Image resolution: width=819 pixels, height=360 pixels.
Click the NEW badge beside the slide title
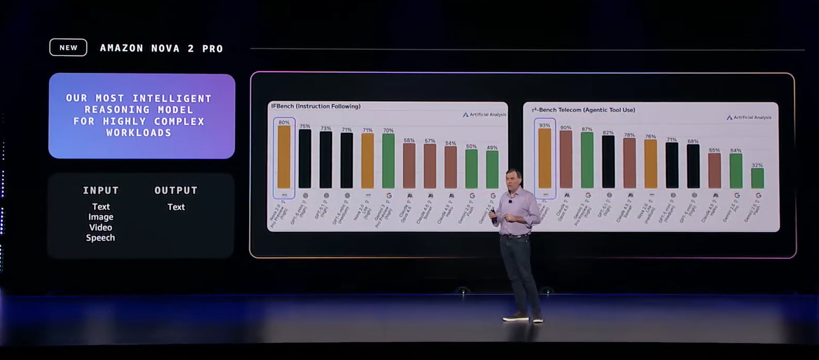click(68, 48)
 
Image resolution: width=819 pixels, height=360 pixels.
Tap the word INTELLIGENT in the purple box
click(172, 99)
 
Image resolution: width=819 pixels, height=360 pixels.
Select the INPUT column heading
click(101, 191)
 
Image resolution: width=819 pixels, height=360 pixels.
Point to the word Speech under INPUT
click(100, 238)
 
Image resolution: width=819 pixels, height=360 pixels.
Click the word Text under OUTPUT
click(176, 207)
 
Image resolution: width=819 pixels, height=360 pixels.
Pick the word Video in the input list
click(100, 227)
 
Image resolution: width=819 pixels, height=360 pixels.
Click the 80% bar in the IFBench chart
click(284, 157)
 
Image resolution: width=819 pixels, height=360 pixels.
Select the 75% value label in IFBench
click(305, 126)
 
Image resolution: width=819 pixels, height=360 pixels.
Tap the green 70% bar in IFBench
click(388, 161)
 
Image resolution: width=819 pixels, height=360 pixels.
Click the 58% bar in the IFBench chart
click(409, 166)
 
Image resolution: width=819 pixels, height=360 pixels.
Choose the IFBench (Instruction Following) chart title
click(315, 106)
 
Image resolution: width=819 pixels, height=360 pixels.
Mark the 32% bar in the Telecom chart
click(757, 178)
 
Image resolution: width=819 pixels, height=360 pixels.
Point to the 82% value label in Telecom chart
click(608, 133)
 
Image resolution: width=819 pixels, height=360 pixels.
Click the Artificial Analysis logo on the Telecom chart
click(749, 117)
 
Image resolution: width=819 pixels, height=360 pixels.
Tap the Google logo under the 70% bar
click(389, 195)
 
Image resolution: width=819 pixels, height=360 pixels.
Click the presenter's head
click(513, 179)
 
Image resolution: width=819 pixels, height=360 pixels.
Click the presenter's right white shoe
click(538, 319)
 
